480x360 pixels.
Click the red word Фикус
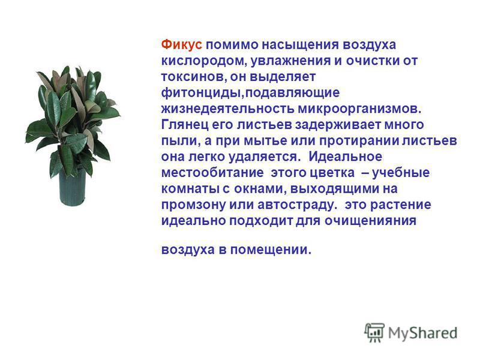tap(182, 44)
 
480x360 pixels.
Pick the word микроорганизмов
tap(359, 109)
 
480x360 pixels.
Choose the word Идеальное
tap(346, 157)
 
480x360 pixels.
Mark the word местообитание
tap(212, 173)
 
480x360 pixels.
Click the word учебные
tap(401, 173)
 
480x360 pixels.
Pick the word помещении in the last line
tap(271, 250)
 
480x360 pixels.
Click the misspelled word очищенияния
tap(370, 221)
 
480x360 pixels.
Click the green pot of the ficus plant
tap(73, 187)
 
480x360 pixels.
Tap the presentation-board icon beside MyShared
tap(374, 332)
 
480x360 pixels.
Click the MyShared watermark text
tap(423, 333)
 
